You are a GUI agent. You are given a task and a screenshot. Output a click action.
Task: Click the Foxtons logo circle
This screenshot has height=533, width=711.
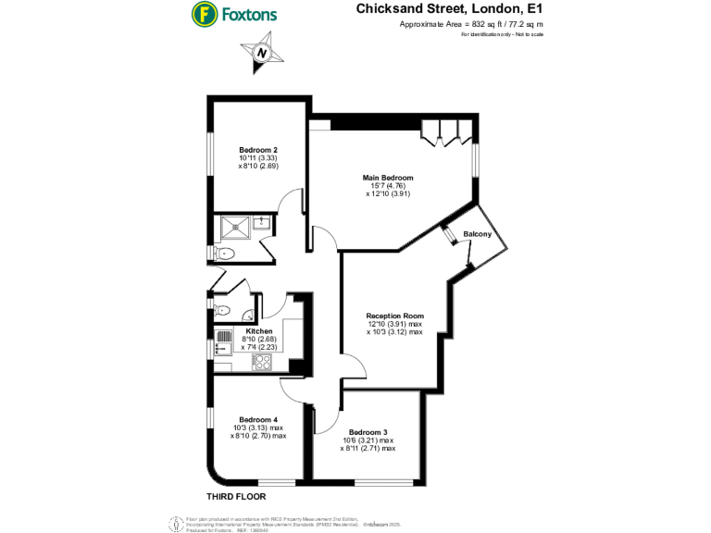click(203, 14)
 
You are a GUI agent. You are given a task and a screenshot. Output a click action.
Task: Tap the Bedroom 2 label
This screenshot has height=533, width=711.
click(258, 150)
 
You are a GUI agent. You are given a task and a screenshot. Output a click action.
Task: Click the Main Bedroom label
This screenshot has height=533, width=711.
click(388, 178)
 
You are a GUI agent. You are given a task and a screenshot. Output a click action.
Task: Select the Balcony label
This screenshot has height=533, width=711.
click(477, 235)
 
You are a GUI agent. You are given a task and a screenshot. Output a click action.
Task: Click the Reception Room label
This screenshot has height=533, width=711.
click(393, 316)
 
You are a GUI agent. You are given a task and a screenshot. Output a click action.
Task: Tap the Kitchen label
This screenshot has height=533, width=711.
click(258, 330)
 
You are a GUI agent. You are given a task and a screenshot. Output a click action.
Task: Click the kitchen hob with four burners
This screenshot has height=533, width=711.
click(262, 361)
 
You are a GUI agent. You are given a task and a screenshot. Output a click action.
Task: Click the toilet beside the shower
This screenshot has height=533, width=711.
click(225, 253)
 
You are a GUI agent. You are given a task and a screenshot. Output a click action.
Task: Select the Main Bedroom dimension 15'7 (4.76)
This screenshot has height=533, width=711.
click(388, 186)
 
